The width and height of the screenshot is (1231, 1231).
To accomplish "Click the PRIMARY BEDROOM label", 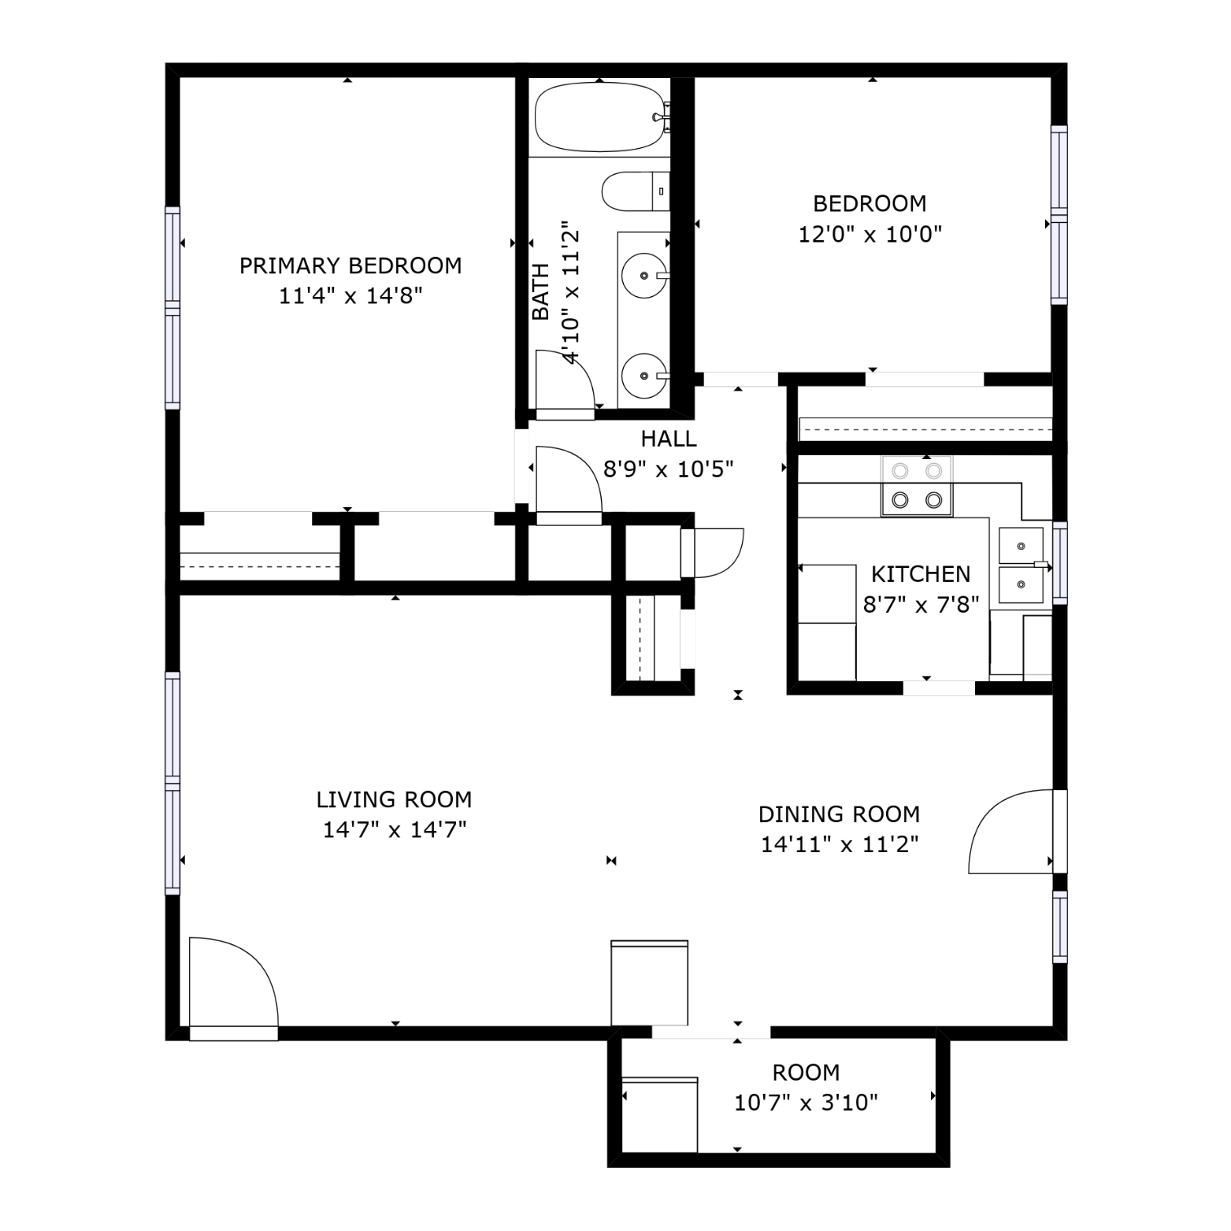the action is pos(350,265).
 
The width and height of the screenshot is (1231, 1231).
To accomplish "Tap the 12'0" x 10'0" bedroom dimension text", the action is pos(870,235).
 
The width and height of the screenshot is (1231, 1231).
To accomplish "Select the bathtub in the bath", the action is pos(600,117).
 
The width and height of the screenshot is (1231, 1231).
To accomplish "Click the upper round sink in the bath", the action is pos(644,276).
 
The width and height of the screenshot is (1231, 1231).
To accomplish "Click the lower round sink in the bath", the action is pos(644,376).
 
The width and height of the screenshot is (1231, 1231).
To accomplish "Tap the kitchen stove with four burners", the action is pos(917,486).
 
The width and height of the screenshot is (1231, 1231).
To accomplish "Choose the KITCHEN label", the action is pos(921,573).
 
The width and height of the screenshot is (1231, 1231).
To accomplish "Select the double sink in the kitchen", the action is pos(1022,565).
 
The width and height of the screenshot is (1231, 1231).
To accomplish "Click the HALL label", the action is pos(669,438).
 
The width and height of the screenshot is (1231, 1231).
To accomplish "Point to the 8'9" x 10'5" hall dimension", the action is pos(669,469).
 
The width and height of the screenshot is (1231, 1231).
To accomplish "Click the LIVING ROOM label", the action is pos(394,799).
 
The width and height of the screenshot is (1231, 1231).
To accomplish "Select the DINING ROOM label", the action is pos(839,814).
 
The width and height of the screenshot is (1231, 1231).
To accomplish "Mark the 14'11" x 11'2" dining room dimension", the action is pos(840,844).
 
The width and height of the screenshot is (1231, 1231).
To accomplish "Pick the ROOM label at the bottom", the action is pos(806,1072).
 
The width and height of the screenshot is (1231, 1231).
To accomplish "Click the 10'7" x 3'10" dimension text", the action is pos(806,1103).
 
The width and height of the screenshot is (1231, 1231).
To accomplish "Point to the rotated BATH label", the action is pos(541,291).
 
